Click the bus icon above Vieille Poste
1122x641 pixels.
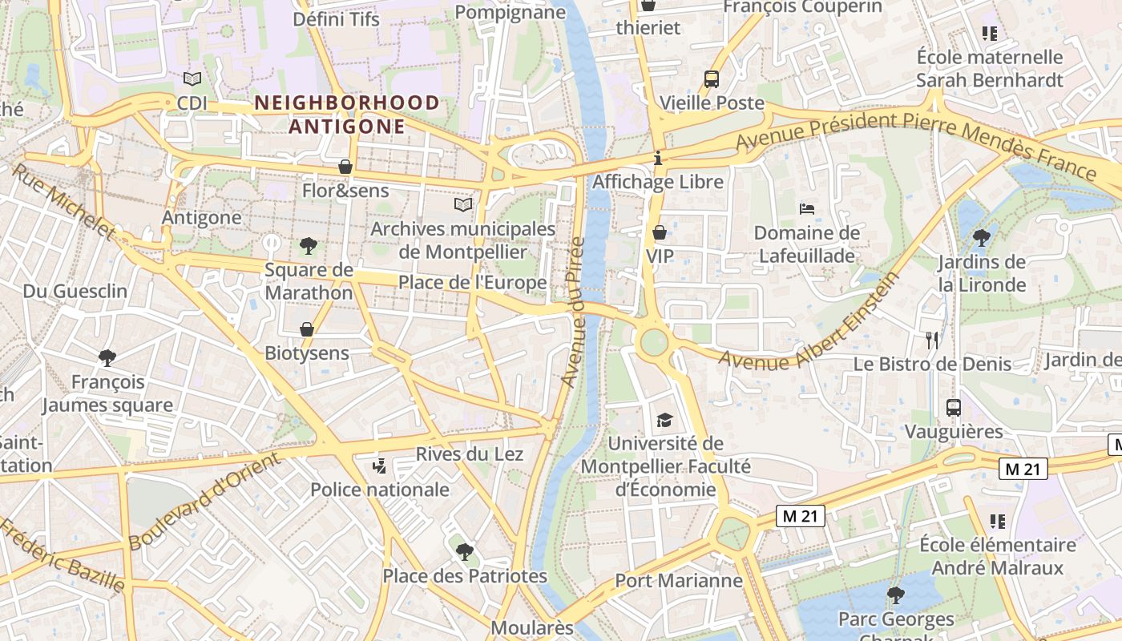tap(712, 79)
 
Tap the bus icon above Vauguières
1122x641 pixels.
tap(954, 407)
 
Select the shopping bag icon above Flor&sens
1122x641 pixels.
tap(345, 167)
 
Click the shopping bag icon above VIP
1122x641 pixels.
tap(660, 232)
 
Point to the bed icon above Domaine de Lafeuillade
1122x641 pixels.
tap(807, 209)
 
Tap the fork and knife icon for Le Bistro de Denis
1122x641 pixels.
tap(931, 340)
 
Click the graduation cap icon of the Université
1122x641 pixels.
tap(664, 420)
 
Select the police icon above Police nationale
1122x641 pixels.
tap(380, 466)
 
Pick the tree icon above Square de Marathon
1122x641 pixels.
tap(309, 245)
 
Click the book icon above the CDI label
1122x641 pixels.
tap(192, 79)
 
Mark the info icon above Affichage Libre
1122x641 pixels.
tap(658, 158)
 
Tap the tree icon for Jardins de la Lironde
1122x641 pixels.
tap(981, 237)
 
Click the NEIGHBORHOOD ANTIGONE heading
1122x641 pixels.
tap(347, 115)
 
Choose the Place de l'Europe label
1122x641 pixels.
tap(473, 283)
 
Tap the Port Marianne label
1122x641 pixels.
tap(678, 580)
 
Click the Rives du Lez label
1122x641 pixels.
tap(470, 454)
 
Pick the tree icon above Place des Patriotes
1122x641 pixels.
tap(464, 551)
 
